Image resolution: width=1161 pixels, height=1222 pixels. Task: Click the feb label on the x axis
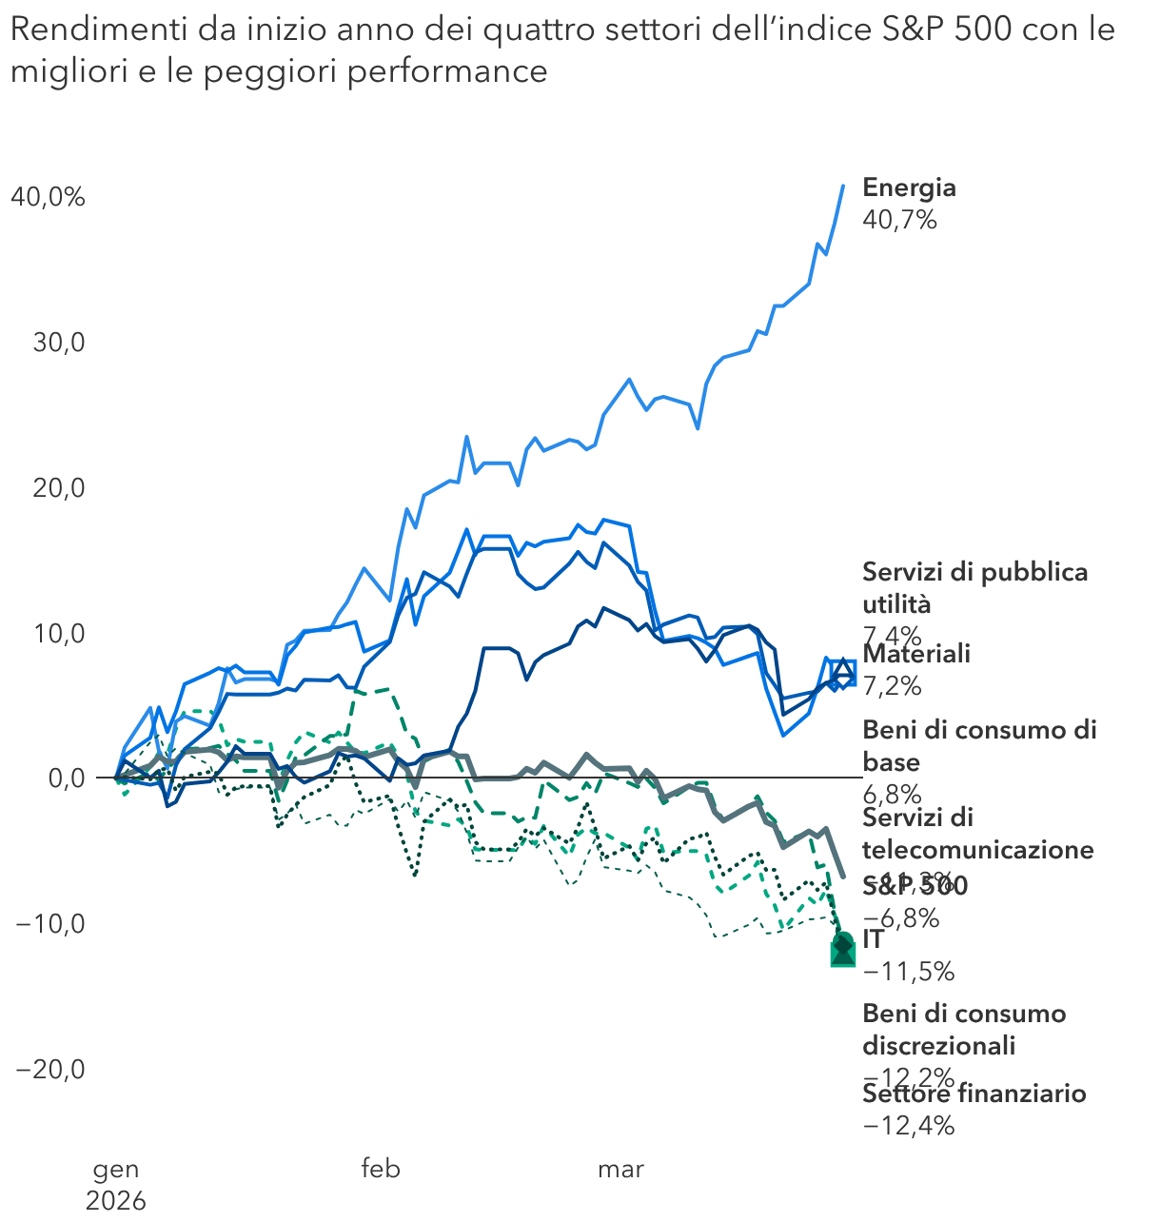click(x=381, y=1169)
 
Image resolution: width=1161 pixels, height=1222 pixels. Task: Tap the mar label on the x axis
click(x=620, y=1169)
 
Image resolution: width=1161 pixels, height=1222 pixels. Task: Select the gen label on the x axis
click(x=116, y=1169)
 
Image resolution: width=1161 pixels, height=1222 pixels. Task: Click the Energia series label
click(x=909, y=187)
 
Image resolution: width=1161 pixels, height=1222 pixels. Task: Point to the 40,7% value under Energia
click(x=899, y=220)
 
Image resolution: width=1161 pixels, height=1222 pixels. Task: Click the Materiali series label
click(x=916, y=654)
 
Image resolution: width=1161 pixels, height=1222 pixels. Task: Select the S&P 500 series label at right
click(x=915, y=886)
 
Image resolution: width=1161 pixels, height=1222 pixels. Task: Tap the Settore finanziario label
click(x=974, y=1094)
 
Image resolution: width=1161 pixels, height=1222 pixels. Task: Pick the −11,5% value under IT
click(x=908, y=972)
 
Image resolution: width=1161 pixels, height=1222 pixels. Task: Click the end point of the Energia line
click(x=843, y=186)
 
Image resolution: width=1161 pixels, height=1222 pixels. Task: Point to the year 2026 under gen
click(x=116, y=1201)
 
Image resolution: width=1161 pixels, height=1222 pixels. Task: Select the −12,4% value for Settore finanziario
click(x=908, y=1126)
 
